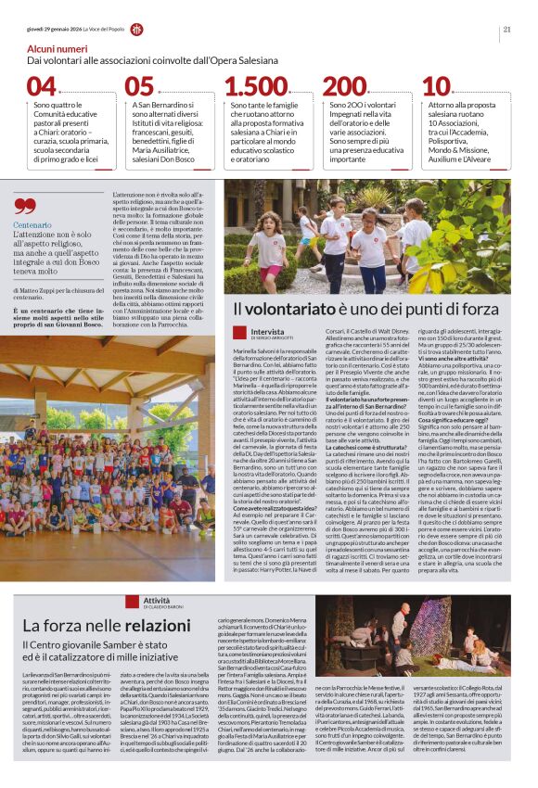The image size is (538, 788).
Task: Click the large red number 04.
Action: point(41,87)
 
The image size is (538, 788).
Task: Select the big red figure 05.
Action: point(139,87)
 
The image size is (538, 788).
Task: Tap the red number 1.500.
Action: point(256,87)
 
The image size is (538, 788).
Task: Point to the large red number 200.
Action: point(345,87)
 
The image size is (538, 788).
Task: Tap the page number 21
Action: point(507,29)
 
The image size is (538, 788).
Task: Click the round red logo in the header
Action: point(136,29)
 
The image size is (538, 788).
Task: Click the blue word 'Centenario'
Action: point(32,225)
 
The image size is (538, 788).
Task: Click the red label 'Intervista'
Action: point(268,331)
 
